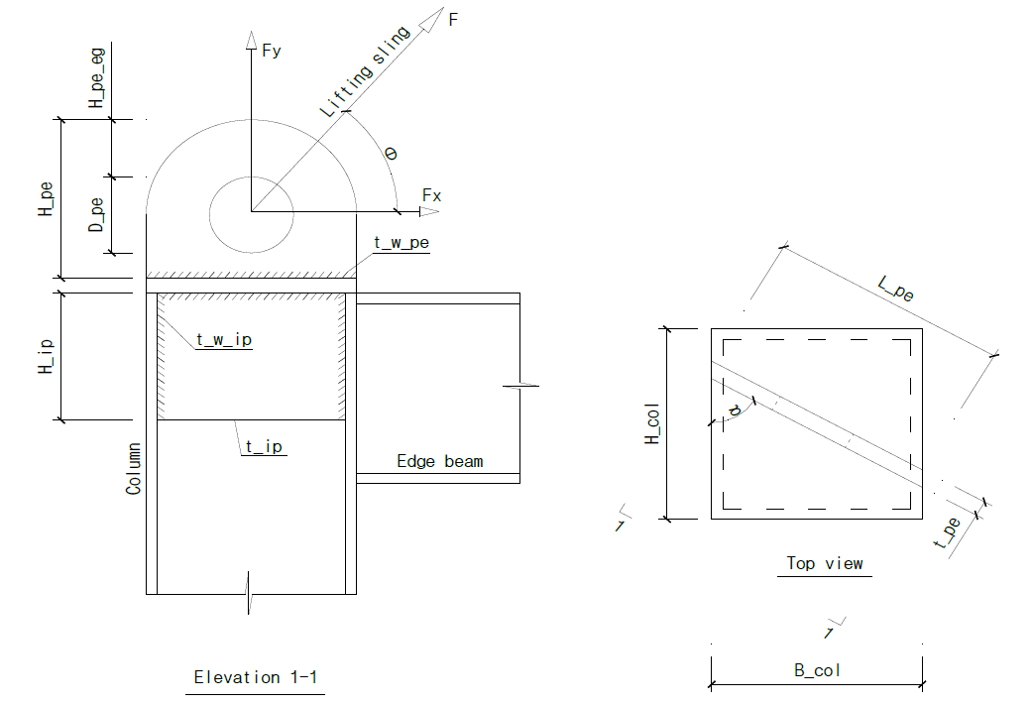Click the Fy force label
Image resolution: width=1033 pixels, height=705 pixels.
click(271, 51)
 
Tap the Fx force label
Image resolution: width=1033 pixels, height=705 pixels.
click(431, 195)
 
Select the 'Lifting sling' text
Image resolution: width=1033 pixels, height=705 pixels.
click(365, 71)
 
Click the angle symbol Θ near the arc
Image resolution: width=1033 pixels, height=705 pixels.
click(391, 154)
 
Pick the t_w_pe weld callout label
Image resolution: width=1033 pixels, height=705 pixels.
click(402, 243)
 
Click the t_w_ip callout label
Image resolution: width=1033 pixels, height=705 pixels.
click(224, 339)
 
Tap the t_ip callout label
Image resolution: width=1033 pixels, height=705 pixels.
click(264, 447)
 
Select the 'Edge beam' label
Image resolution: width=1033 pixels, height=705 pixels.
click(439, 461)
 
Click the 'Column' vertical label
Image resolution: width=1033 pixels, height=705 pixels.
click(133, 468)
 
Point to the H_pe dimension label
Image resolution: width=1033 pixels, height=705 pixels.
click(45, 199)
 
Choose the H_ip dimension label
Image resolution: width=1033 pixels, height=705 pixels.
click(45, 356)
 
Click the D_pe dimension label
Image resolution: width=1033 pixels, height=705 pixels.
click(96, 215)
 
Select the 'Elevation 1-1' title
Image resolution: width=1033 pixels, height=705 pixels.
click(256, 676)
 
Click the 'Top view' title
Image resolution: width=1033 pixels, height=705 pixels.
click(824, 563)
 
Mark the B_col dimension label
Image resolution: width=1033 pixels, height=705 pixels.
click(817, 670)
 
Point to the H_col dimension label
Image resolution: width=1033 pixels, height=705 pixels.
click(652, 423)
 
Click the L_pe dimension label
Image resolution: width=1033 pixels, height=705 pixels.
click(896, 289)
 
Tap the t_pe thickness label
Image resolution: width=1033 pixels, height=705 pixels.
click(947, 533)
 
